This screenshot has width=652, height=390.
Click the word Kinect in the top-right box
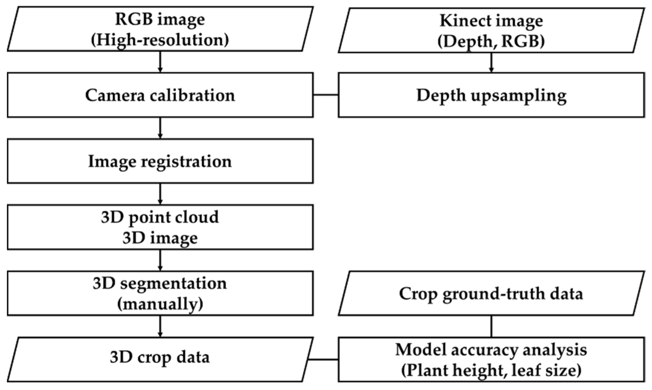[x=461, y=21]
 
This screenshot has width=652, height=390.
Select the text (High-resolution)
[x=160, y=40]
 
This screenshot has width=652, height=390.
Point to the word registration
[x=186, y=161]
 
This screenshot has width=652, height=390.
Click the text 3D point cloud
[x=160, y=217]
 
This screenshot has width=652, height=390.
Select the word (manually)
[x=160, y=304]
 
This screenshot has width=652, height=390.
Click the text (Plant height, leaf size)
[x=491, y=370]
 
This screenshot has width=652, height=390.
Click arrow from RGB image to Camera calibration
[x=160, y=62]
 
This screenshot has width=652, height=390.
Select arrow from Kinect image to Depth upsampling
[x=491, y=63]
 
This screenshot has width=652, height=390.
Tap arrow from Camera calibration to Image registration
[x=160, y=128]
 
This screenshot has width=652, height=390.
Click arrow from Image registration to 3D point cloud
[x=160, y=194]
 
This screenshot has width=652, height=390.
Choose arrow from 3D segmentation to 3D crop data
[x=160, y=326]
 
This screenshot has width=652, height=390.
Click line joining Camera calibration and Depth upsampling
[x=326, y=95]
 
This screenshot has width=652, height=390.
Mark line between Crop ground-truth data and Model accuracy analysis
[x=491, y=326]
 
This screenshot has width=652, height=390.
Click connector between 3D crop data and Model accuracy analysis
[x=323, y=360]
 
